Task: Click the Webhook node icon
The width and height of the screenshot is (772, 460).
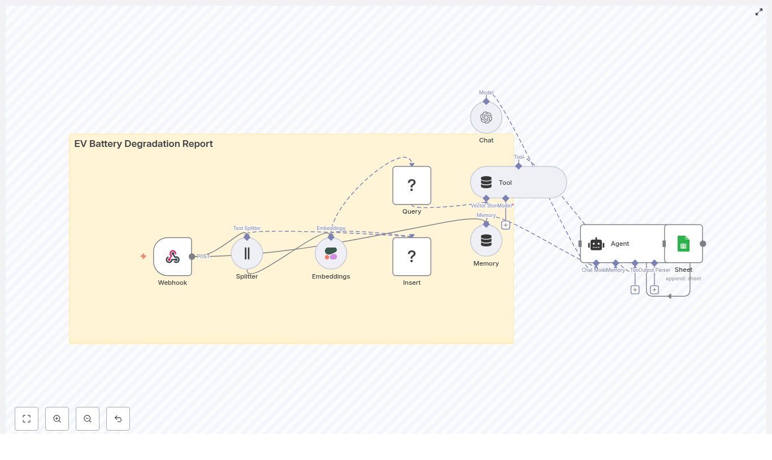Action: pyautogui.click(x=172, y=257)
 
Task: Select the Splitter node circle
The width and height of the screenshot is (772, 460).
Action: pyautogui.click(x=247, y=253)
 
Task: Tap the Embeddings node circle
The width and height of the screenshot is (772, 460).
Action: pyautogui.click(x=331, y=253)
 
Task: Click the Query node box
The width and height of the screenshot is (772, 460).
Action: pyautogui.click(x=412, y=185)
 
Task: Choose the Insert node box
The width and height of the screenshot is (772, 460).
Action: pyautogui.click(x=412, y=257)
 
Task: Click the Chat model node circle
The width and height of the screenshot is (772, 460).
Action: pyautogui.click(x=486, y=118)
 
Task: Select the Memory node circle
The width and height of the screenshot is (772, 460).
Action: pyautogui.click(x=486, y=241)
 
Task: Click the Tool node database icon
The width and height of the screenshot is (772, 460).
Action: pyautogui.click(x=486, y=183)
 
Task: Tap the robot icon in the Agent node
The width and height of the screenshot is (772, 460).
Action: pyautogui.click(x=596, y=244)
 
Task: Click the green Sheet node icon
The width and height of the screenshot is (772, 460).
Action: pyautogui.click(x=683, y=244)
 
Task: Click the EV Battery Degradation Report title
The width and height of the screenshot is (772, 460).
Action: pyautogui.click(x=144, y=144)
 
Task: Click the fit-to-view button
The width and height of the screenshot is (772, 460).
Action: pyautogui.click(x=27, y=419)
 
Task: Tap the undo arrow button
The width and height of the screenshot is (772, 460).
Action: pyautogui.click(x=118, y=419)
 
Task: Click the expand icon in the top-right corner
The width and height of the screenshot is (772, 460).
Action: pyautogui.click(x=759, y=12)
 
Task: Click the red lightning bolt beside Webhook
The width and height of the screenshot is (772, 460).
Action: pyautogui.click(x=144, y=257)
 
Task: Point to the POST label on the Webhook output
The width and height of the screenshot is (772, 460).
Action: pyautogui.click(x=203, y=257)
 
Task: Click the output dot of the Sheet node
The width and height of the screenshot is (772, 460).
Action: pyautogui.click(x=703, y=244)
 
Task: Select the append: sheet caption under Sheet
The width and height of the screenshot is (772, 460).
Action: pyautogui.click(x=683, y=279)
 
